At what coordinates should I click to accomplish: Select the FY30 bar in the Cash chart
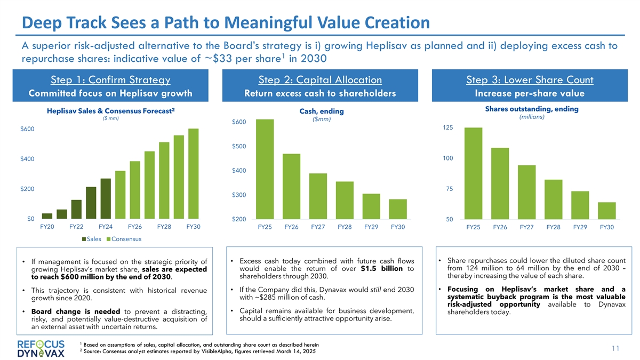[398, 209]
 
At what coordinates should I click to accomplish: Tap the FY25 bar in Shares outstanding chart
[473, 173]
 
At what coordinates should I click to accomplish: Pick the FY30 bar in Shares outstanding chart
[606, 211]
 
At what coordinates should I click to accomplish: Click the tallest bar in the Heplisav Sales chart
[193, 174]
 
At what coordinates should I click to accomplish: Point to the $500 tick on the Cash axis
[238, 147]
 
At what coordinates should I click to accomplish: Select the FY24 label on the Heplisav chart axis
[106, 227]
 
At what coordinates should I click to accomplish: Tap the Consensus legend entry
[127, 239]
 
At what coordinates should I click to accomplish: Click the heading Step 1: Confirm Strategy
[110, 81]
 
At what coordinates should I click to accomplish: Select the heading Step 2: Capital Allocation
[320, 81]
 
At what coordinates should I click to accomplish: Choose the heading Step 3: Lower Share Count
[530, 81]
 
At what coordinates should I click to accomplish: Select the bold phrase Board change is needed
[73, 311]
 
